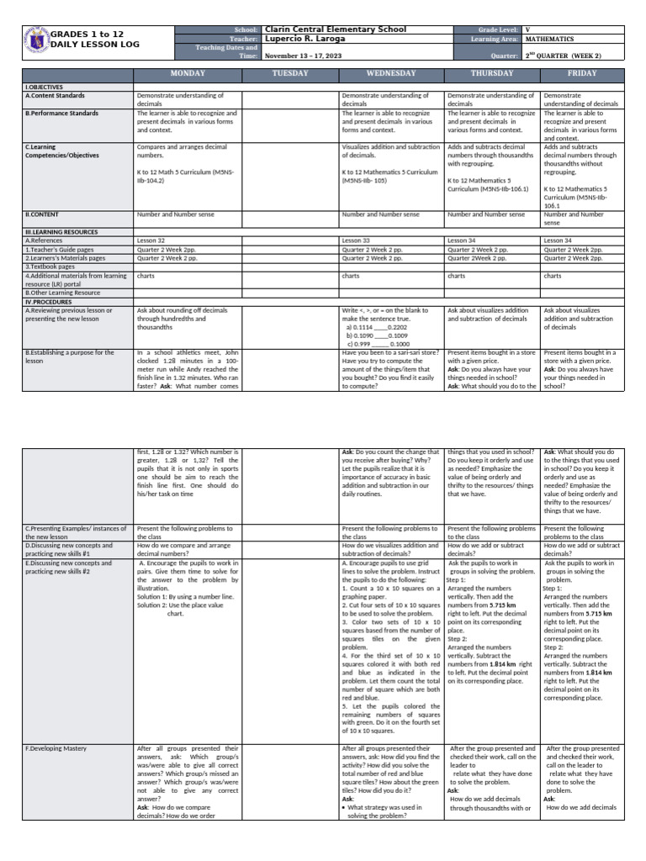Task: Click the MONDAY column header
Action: pyautogui.click(x=187, y=74)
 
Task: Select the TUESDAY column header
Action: pyautogui.click(x=290, y=74)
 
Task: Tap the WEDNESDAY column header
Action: pyautogui.click(x=391, y=74)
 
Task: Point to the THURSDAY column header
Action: pyautogui.click(x=492, y=74)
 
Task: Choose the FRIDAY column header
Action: pyautogui.click(x=583, y=74)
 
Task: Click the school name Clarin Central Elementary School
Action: pyautogui.click(x=334, y=29)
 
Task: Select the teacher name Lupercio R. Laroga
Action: pyautogui.click(x=310, y=39)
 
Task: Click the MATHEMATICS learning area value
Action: pyautogui.click(x=550, y=39)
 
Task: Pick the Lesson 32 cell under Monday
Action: pyautogui.click(x=151, y=240)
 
